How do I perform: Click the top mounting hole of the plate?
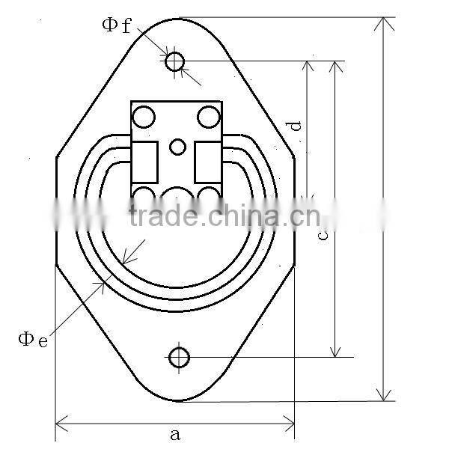[175, 61]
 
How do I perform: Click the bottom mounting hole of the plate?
[179, 357]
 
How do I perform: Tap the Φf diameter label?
[117, 25]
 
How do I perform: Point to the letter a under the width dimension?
[175, 433]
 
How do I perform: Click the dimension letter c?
[323, 235]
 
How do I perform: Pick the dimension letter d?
[297, 126]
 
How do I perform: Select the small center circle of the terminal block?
[177, 147]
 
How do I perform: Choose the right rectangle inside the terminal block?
[209, 161]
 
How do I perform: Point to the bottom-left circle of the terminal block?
[143, 197]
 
